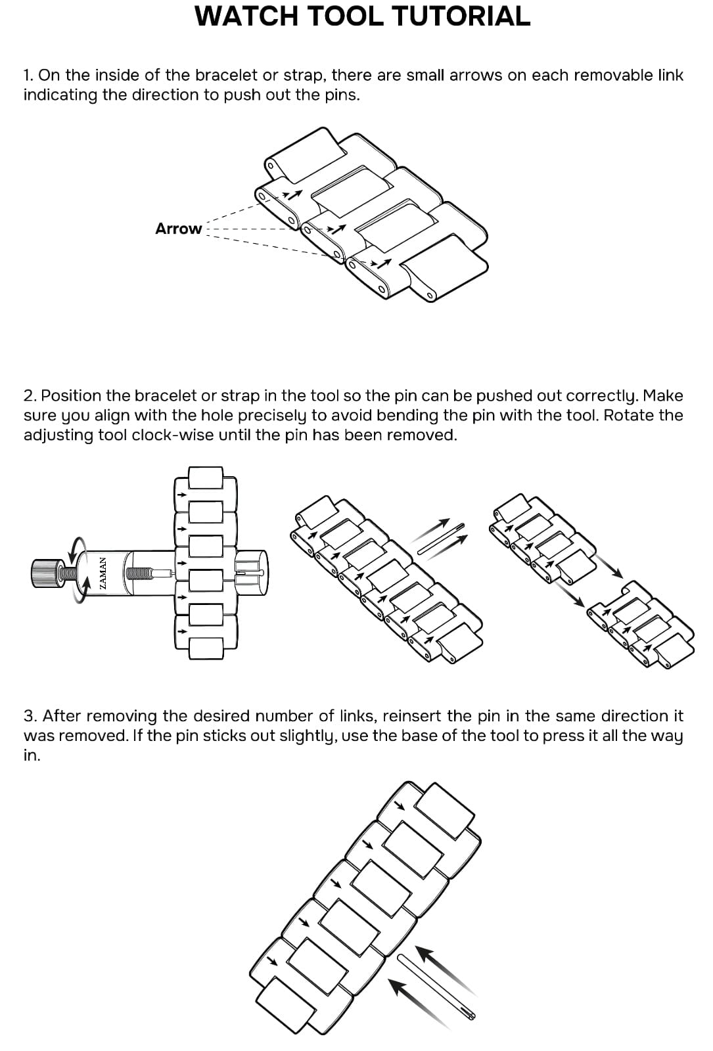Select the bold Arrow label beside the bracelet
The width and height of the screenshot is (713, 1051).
point(178,229)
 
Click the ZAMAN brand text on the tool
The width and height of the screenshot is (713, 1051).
point(103,573)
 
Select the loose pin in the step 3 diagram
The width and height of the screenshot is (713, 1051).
point(436,985)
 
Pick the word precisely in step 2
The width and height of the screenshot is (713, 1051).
point(272,415)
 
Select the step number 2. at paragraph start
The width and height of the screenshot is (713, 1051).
point(30,395)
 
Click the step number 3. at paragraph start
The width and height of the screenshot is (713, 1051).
point(30,715)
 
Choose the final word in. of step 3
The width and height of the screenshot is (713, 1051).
point(32,755)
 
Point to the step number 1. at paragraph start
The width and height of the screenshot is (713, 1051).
point(28,75)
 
